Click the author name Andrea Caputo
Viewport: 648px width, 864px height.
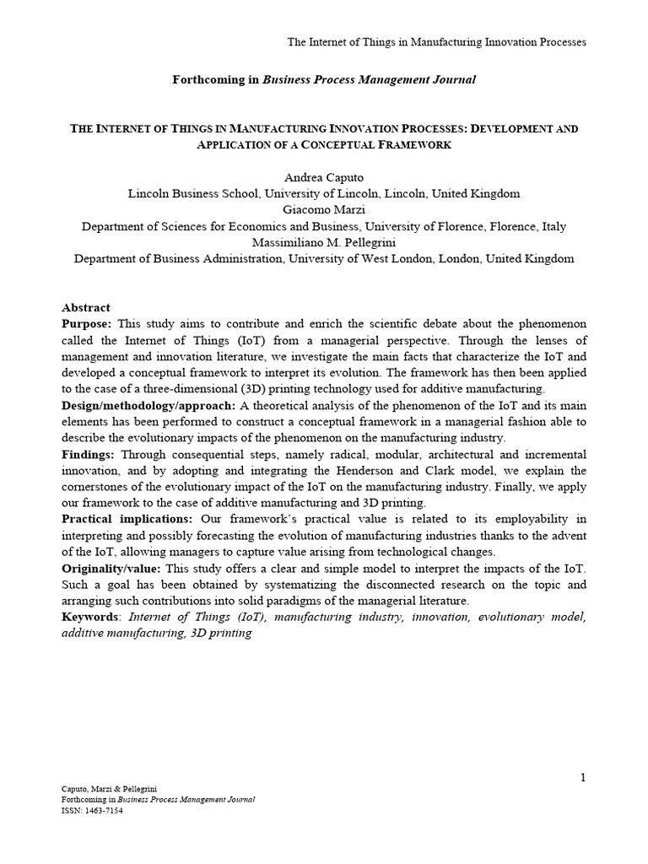tap(323, 176)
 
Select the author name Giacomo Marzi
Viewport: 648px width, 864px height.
tap(323, 209)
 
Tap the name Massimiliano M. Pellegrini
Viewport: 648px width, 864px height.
tap(323, 242)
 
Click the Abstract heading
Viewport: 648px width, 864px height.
tap(86, 307)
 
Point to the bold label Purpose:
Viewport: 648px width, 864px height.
tap(87, 324)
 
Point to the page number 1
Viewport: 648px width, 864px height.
tap(581, 777)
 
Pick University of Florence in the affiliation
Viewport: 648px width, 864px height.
tap(438, 226)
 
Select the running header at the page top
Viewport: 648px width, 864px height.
tap(436, 41)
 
